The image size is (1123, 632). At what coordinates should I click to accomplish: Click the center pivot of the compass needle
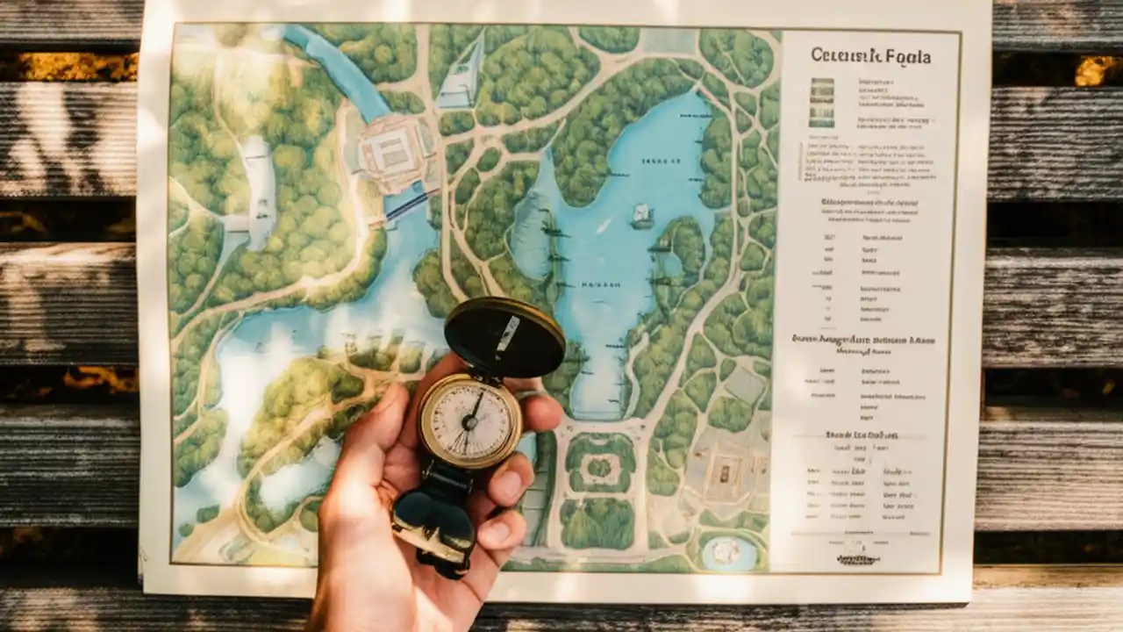(x=469, y=420)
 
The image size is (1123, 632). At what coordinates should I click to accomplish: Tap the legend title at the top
(x=870, y=56)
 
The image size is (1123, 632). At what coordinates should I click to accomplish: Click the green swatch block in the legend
(x=822, y=102)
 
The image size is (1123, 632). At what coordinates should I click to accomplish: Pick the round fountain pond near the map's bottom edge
(x=727, y=552)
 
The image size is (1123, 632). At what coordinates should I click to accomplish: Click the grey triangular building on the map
(x=461, y=75)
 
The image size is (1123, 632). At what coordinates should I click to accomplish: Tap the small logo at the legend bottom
(x=857, y=558)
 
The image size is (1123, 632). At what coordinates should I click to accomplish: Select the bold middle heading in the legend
(x=863, y=340)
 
